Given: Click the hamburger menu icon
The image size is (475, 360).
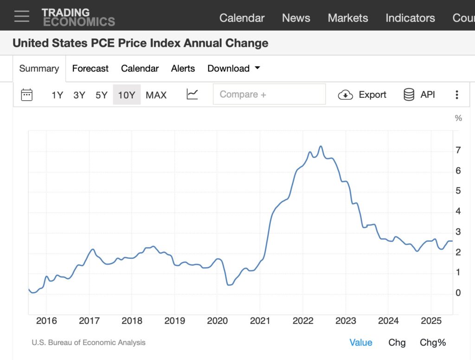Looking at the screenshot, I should pos(21,16).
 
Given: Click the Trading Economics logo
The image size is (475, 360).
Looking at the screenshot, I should pos(78,17).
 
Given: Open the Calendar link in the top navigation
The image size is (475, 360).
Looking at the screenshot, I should pos(242,18).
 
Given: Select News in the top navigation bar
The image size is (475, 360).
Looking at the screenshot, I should pos(296,18).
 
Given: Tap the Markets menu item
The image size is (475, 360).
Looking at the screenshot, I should pos(348,18).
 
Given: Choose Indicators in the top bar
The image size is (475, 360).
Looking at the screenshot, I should pos(410,18).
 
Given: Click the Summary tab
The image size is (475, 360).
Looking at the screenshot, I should pos(39,69).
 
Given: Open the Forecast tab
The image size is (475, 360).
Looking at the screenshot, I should pos(90,69).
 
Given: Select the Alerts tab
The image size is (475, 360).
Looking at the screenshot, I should pos(183,69).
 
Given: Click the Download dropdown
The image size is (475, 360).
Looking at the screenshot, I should pos(233,69).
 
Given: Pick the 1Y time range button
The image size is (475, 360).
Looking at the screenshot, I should pos(57,95).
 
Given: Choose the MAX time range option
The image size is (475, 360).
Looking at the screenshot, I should pos(156,95).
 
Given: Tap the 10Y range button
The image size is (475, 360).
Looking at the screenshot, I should pos(126,95).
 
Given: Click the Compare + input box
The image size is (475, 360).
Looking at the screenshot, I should pos(269,95).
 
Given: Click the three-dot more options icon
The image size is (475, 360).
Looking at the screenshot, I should pos(456,95).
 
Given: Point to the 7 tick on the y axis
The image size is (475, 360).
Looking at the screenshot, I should pos(458,150).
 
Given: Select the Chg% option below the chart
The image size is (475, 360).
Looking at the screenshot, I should pos(432,343).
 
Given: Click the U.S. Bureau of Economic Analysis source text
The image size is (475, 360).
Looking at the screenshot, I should pos(89,343).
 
